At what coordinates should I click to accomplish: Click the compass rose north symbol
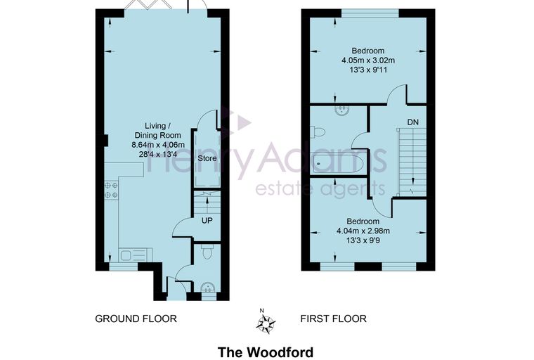(266, 322)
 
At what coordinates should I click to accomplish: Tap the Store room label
(207, 158)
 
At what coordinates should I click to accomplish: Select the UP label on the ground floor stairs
(207, 221)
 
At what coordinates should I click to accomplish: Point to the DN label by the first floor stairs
(412, 122)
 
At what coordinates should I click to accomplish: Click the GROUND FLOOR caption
(136, 319)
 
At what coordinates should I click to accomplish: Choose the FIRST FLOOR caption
(334, 319)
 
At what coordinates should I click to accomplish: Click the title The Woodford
(266, 352)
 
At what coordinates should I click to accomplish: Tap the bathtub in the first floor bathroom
(338, 164)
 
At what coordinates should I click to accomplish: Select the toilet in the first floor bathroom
(318, 131)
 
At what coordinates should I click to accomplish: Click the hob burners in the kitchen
(111, 190)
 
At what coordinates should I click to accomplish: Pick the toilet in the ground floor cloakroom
(207, 251)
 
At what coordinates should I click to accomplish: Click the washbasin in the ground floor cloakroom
(207, 289)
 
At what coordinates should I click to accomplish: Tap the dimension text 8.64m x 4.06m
(158, 145)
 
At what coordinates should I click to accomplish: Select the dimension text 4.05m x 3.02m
(368, 60)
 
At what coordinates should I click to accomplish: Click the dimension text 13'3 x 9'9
(363, 240)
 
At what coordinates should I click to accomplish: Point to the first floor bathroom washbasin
(341, 110)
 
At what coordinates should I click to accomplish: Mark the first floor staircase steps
(412, 162)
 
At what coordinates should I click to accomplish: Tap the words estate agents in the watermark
(320, 189)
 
